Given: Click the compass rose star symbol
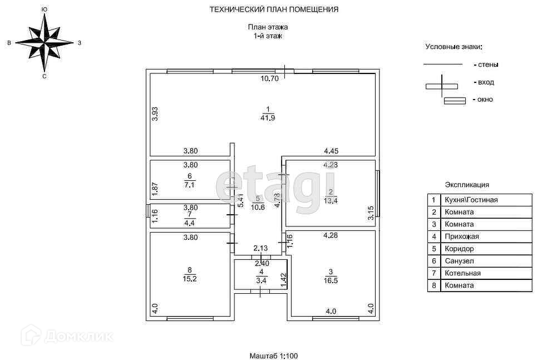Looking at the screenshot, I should [x=44, y=42].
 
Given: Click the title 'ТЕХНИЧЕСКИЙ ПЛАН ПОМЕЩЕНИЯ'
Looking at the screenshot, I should [x=274, y=9].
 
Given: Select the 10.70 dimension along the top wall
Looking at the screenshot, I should [x=270, y=78].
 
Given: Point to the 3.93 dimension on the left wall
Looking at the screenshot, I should [x=156, y=114].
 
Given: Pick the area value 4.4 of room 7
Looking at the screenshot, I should [x=190, y=222].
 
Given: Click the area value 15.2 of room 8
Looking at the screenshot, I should [x=190, y=279].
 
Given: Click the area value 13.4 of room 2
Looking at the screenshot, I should [x=331, y=201].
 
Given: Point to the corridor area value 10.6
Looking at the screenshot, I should [x=257, y=208].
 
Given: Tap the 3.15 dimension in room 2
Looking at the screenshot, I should [x=371, y=213].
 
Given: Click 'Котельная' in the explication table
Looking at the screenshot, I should [x=462, y=273].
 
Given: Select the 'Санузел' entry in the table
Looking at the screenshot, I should [x=459, y=261].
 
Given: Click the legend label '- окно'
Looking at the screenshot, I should [x=482, y=100].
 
